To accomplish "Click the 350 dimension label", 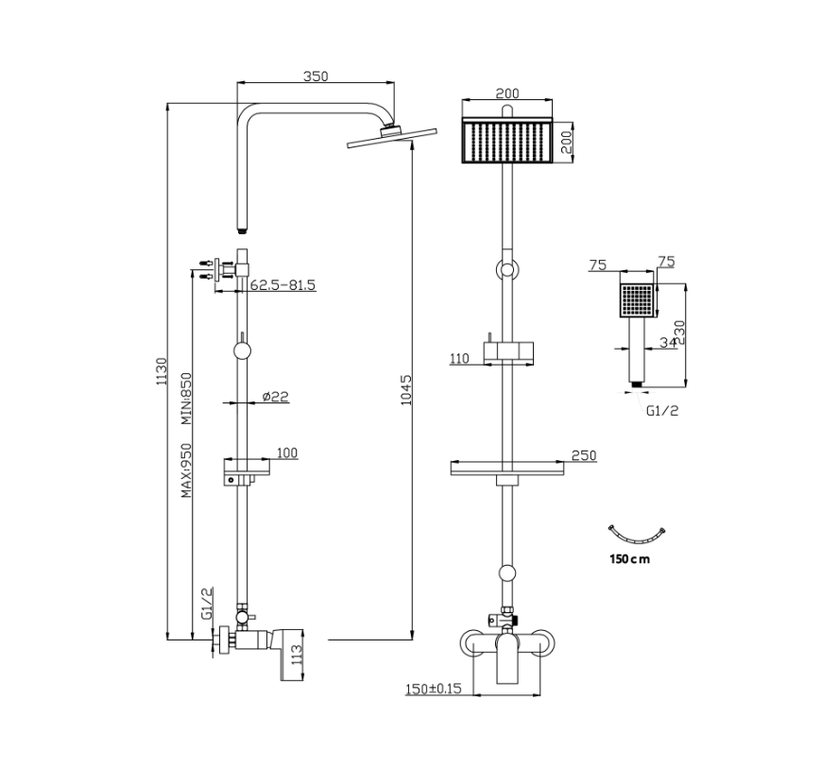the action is pyautogui.click(x=316, y=76).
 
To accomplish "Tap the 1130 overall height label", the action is pyautogui.click(x=161, y=371).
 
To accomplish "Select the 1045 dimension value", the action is pyautogui.click(x=406, y=389).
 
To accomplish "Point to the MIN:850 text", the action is pyautogui.click(x=185, y=399).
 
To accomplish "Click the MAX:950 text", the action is pyautogui.click(x=185, y=470).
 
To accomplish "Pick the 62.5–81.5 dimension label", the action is pyautogui.click(x=282, y=285).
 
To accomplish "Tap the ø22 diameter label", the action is pyautogui.click(x=275, y=396).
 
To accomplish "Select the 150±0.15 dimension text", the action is pyautogui.click(x=433, y=689).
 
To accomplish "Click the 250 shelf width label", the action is pyautogui.click(x=584, y=455).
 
